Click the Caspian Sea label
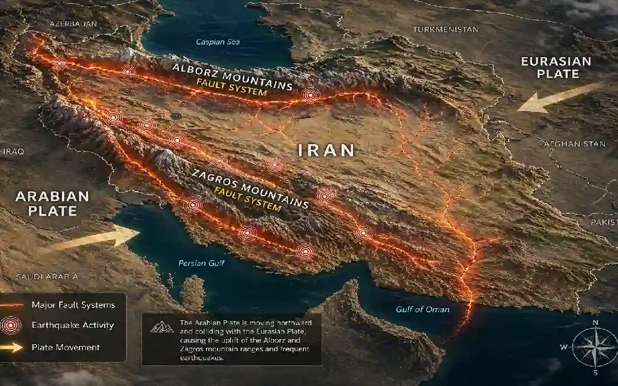coord(217,42)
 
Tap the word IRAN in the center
coord(327,150)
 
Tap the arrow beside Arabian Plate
coord(94,239)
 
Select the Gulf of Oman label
coord(422,309)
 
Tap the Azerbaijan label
coord(74,23)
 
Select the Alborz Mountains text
coord(232,76)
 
